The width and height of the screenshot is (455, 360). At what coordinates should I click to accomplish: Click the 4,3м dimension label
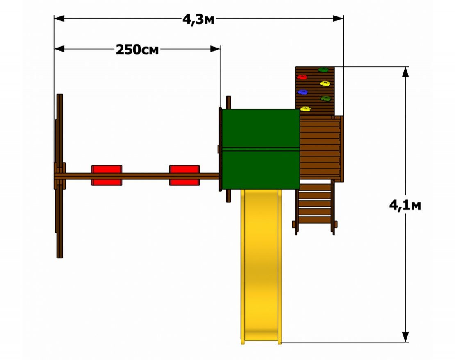pyautogui.click(x=198, y=20)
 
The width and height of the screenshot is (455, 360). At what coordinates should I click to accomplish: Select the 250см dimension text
pyautogui.click(x=137, y=50)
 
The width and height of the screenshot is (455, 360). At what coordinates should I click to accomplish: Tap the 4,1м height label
pyautogui.click(x=405, y=206)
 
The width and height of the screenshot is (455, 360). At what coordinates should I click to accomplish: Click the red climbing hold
pyautogui.click(x=302, y=77)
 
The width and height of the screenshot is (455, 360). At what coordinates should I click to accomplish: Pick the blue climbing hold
pyautogui.click(x=303, y=92)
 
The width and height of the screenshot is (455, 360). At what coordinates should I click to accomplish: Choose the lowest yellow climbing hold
pyautogui.click(x=305, y=109)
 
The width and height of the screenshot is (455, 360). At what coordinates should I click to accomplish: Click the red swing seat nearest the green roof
pyautogui.click(x=184, y=175)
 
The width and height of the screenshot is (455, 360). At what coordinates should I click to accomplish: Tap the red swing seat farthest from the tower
pyautogui.click(x=107, y=175)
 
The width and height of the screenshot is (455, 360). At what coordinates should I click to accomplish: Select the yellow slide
pyautogui.click(x=261, y=267)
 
